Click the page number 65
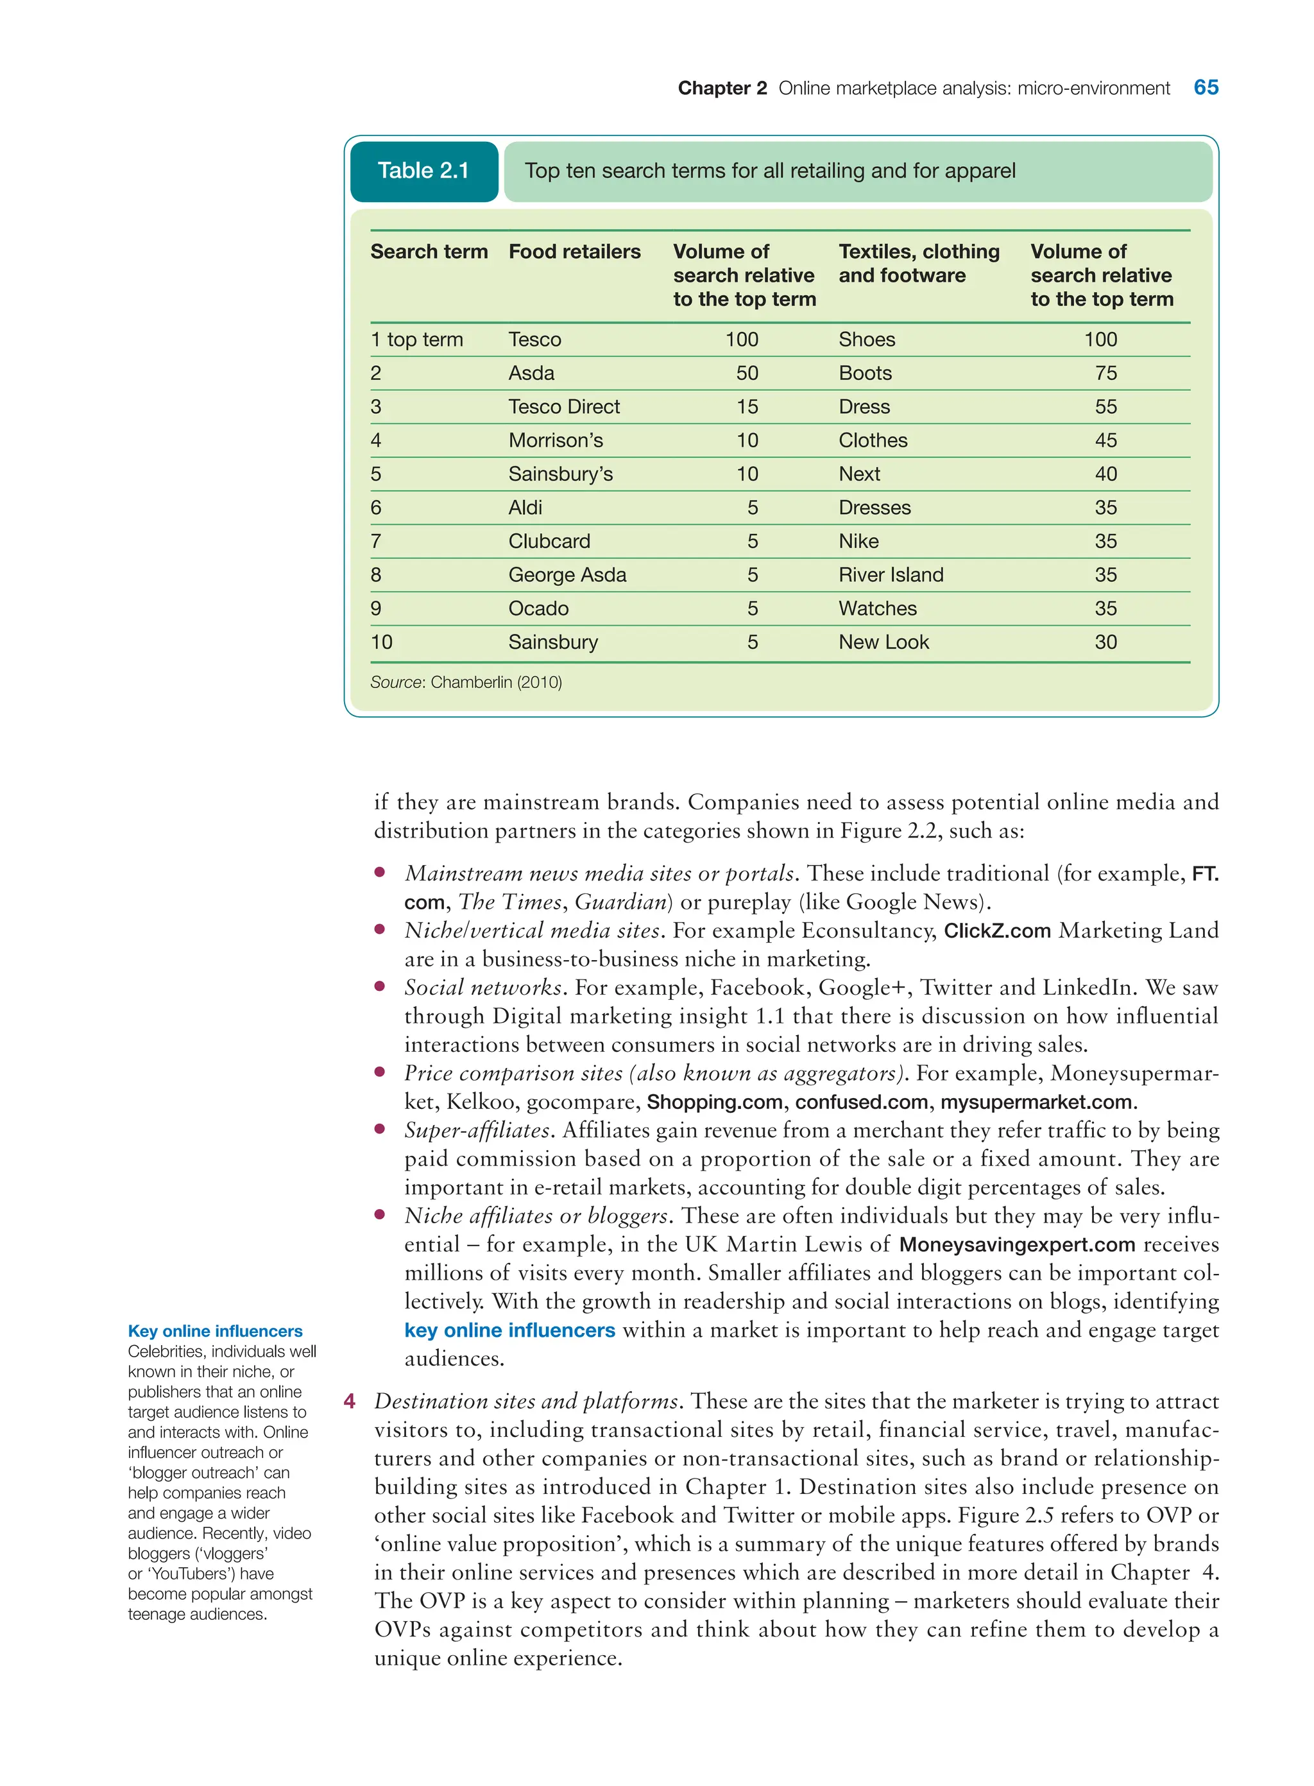[1205, 87]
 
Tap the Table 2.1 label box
[423, 171]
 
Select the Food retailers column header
[574, 252]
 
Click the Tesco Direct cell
[563, 406]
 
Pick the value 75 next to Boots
[1105, 373]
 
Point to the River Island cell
[890, 575]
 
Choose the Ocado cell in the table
[538, 608]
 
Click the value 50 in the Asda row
[746, 373]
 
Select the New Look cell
[883, 642]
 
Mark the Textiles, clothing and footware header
[918, 263]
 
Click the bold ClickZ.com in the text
[996, 931]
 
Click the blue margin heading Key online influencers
[215, 1331]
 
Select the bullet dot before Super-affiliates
[380, 1129]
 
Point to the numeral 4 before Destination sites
[349, 1401]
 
